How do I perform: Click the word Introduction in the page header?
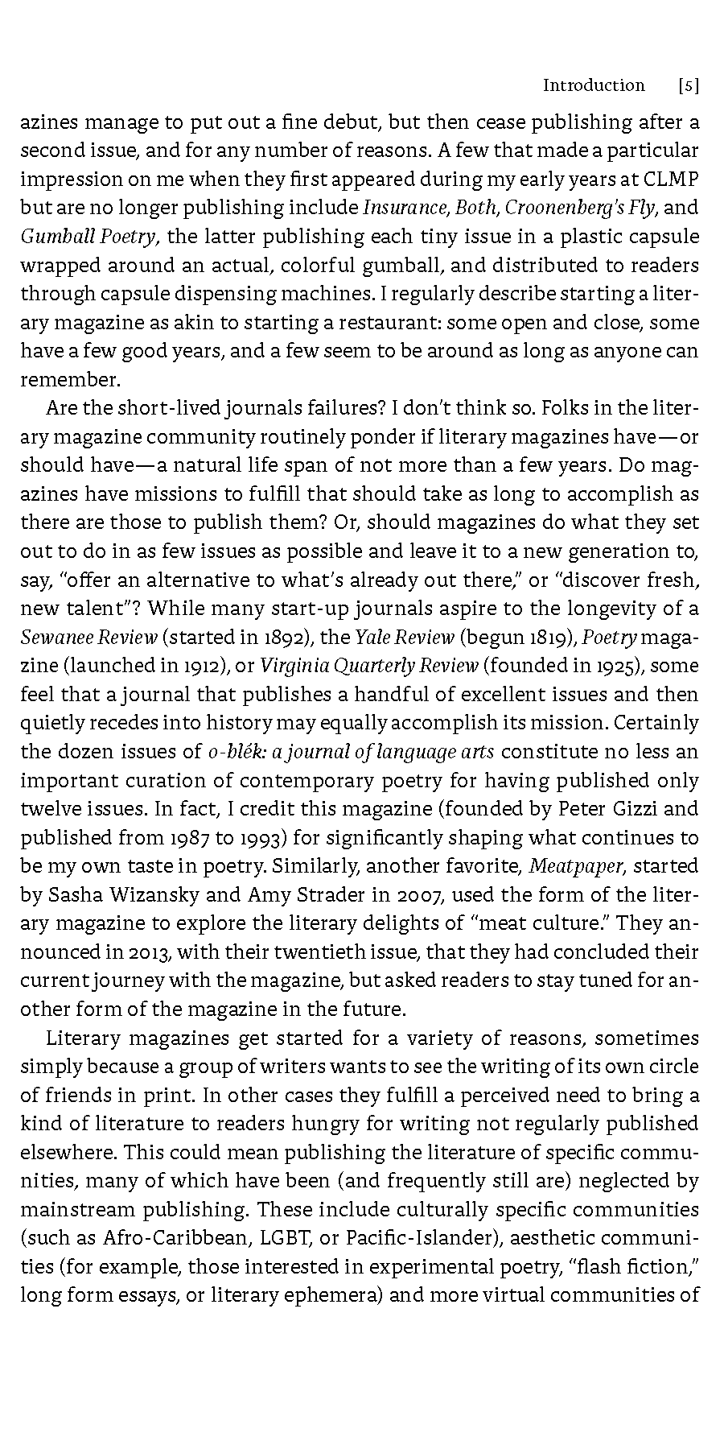pyautogui.click(x=593, y=85)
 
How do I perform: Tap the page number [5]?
pyautogui.click(x=688, y=85)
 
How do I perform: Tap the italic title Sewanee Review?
pyautogui.click(x=88, y=638)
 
